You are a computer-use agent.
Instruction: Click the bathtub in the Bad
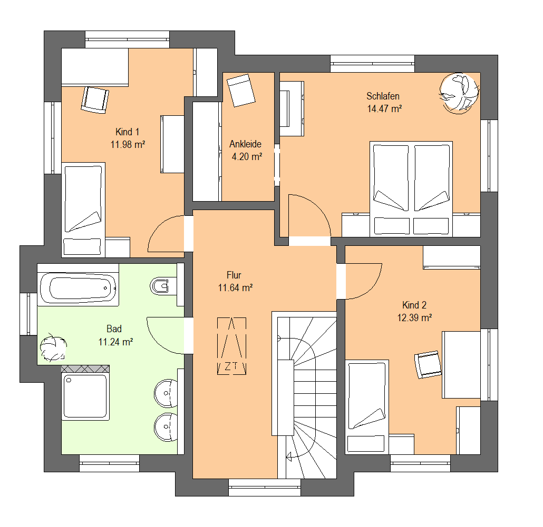pos(78,287)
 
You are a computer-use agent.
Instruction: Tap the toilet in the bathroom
pos(160,286)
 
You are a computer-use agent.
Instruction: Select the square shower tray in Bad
pos(85,396)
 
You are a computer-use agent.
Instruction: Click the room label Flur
pos(234,275)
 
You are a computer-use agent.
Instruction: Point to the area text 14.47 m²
pos(384,108)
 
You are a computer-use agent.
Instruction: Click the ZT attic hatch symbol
pos(231,346)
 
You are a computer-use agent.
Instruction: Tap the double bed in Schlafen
pos(411,189)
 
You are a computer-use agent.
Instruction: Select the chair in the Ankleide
pos(241,90)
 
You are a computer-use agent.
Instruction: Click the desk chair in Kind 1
pos(94,100)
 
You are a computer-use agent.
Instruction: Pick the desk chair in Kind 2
pos(428,364)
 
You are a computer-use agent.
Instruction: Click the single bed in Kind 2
pos(367,406)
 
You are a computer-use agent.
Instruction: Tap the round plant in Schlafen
pos(459,93)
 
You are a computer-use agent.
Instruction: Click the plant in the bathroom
pos(53,348)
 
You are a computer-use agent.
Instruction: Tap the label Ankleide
pos(245,144)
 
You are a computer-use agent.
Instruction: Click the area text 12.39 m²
pos(414,318)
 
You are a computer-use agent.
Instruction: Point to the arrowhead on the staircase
pos(289,457)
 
